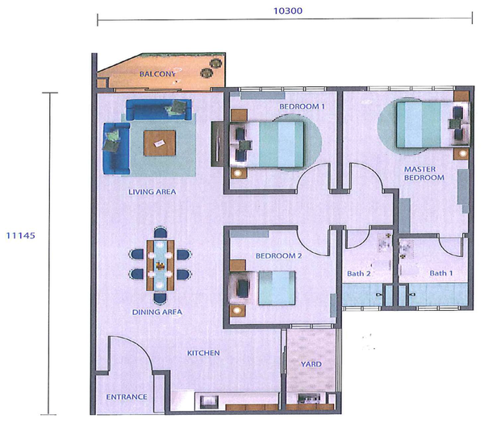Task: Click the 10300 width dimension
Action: [288, 10]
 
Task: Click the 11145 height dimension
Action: [21, 235]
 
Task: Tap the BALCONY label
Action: [157, 74]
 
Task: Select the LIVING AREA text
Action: [152, 192]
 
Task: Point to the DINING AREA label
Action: [157, 312]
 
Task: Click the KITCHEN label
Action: [203, 353]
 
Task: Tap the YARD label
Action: [311, 364]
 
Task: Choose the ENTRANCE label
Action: [127, 396]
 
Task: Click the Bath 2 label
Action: [359, 273]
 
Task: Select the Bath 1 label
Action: [441, 273]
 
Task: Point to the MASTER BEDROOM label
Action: [424, 173]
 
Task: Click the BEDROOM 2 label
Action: [279, 256]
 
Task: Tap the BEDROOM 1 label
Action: [302, 106]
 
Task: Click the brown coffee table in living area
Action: [160, 143]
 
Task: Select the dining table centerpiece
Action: [160, 265]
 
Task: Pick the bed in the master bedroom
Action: [432, 125]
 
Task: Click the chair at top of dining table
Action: [161, 233]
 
